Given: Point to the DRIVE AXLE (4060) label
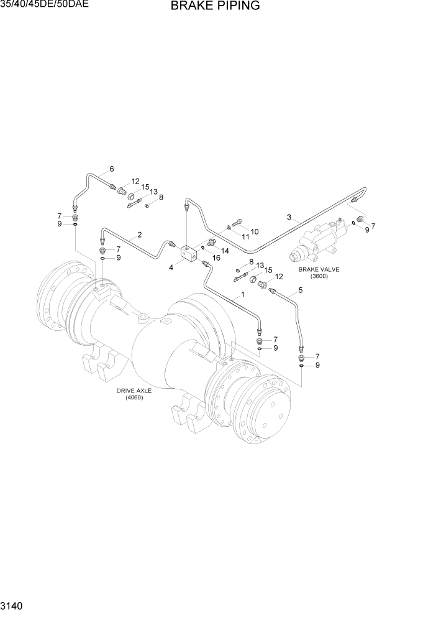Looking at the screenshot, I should tap(134, 394).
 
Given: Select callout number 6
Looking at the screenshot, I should tap(112, 169).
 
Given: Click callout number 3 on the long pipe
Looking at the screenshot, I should tap(289, 217).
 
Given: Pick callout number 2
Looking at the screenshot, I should tap(140, 234).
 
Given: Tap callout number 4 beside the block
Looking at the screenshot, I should tap(171, 267).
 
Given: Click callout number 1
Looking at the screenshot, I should tap(243, 294).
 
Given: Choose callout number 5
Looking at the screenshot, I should tap(301, 290).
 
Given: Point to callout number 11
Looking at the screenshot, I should tap(245, 236).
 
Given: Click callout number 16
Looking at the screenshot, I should tap(217, 257).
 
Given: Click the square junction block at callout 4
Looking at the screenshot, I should tap(188, 253).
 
